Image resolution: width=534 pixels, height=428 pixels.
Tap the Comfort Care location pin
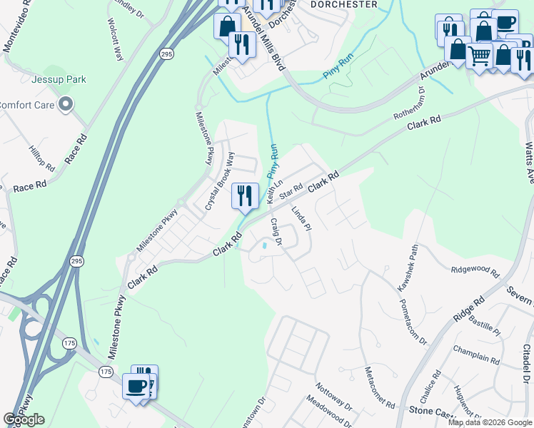click(66, 106)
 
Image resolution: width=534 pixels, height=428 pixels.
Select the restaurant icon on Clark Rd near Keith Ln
click(246, 195)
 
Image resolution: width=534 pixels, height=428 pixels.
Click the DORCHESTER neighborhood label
click(345, 4)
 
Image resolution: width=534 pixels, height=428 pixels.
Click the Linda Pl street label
click(302, 219)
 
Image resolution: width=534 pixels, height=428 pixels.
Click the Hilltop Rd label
click(41, 158)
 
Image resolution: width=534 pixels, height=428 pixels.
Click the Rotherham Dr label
click(409, 105)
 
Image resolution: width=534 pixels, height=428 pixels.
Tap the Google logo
click(24, 419)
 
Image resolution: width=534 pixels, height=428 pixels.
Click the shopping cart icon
click(480, 54)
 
